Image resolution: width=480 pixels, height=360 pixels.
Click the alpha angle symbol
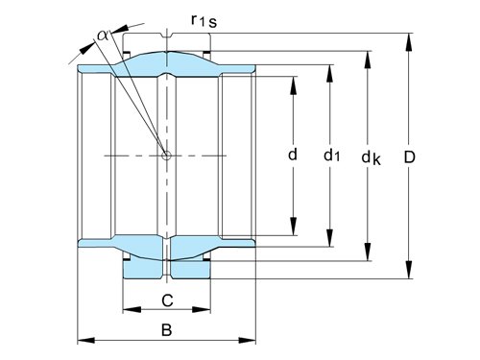point(103,36)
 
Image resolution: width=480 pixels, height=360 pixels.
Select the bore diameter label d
point(293,153)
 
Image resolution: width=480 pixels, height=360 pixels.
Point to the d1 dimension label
point(330,154)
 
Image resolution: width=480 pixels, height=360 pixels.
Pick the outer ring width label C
point(166,300)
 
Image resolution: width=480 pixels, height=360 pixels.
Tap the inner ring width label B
point(166,331)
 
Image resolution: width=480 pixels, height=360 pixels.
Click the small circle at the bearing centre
point(167,155)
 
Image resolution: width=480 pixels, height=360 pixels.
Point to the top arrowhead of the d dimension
point(293,78)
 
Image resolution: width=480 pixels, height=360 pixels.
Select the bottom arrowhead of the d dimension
point(293,231)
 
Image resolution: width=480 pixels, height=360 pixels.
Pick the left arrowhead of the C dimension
point(127,310)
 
